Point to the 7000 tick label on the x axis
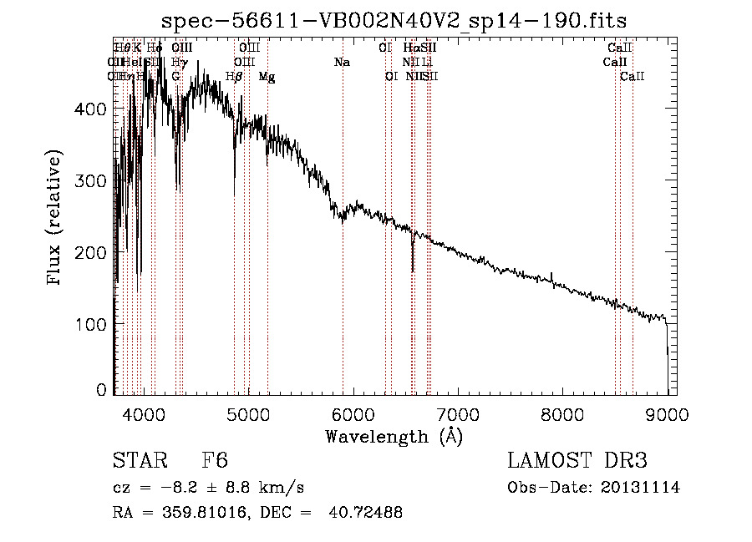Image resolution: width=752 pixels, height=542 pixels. [x=457, y=413]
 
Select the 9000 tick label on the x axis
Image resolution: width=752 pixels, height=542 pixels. [x=667, y=413]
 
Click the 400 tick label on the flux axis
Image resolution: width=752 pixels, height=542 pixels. [x=94, y=109]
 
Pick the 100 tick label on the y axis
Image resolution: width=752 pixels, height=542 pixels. [x=94, y=323]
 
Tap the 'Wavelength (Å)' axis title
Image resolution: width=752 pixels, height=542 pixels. [x=394, y=436]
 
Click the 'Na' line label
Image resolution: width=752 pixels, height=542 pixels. [x=341, y=63]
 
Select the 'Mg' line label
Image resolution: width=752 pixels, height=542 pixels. [x=267, y=77]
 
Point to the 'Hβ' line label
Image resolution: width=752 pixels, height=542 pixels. [x=234, y=77]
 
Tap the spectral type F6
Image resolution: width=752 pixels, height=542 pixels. [x=215, y=462]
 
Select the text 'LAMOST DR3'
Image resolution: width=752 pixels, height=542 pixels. [x=577, y=462]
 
